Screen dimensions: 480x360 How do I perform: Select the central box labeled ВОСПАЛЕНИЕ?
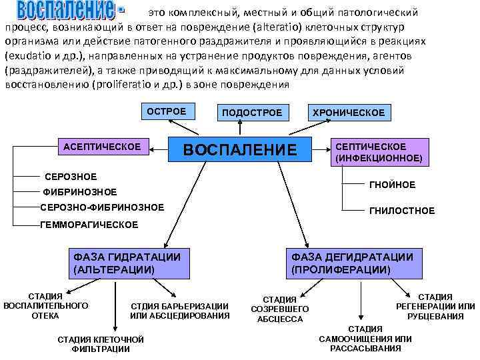click(x=239, y=150)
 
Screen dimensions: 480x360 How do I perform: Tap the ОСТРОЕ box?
click(x=166, y=111)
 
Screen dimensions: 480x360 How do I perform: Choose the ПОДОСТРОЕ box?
click(x=252, y=113)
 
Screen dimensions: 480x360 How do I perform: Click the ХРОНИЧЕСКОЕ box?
click(x=348, y=113)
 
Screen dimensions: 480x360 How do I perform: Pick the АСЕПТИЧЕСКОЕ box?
click(x=101, y=146)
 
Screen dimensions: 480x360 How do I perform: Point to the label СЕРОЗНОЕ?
click(x=70, y=177)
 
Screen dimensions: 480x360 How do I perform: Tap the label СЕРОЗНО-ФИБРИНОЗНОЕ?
click(x=102, y=207)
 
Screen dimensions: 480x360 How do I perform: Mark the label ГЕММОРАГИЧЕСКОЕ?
click(x=89, y=225)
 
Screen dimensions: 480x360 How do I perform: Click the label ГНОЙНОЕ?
click(x=391, y=185)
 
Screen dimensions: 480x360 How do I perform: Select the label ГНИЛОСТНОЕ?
click(x=401, y=211)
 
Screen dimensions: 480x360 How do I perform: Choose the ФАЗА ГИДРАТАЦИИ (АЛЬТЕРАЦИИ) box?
click(x=126, y=263)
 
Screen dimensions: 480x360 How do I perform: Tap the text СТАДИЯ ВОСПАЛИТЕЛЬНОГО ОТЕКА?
click(x=45, y=305)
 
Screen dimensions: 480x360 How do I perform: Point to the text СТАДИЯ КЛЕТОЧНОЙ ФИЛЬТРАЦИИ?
click(x=101, y=344)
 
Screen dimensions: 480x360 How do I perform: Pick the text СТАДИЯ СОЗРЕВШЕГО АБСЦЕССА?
click(x=279, y=309)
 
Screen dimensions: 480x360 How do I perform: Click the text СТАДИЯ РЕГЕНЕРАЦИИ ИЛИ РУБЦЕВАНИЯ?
click(x=436, y=306)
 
